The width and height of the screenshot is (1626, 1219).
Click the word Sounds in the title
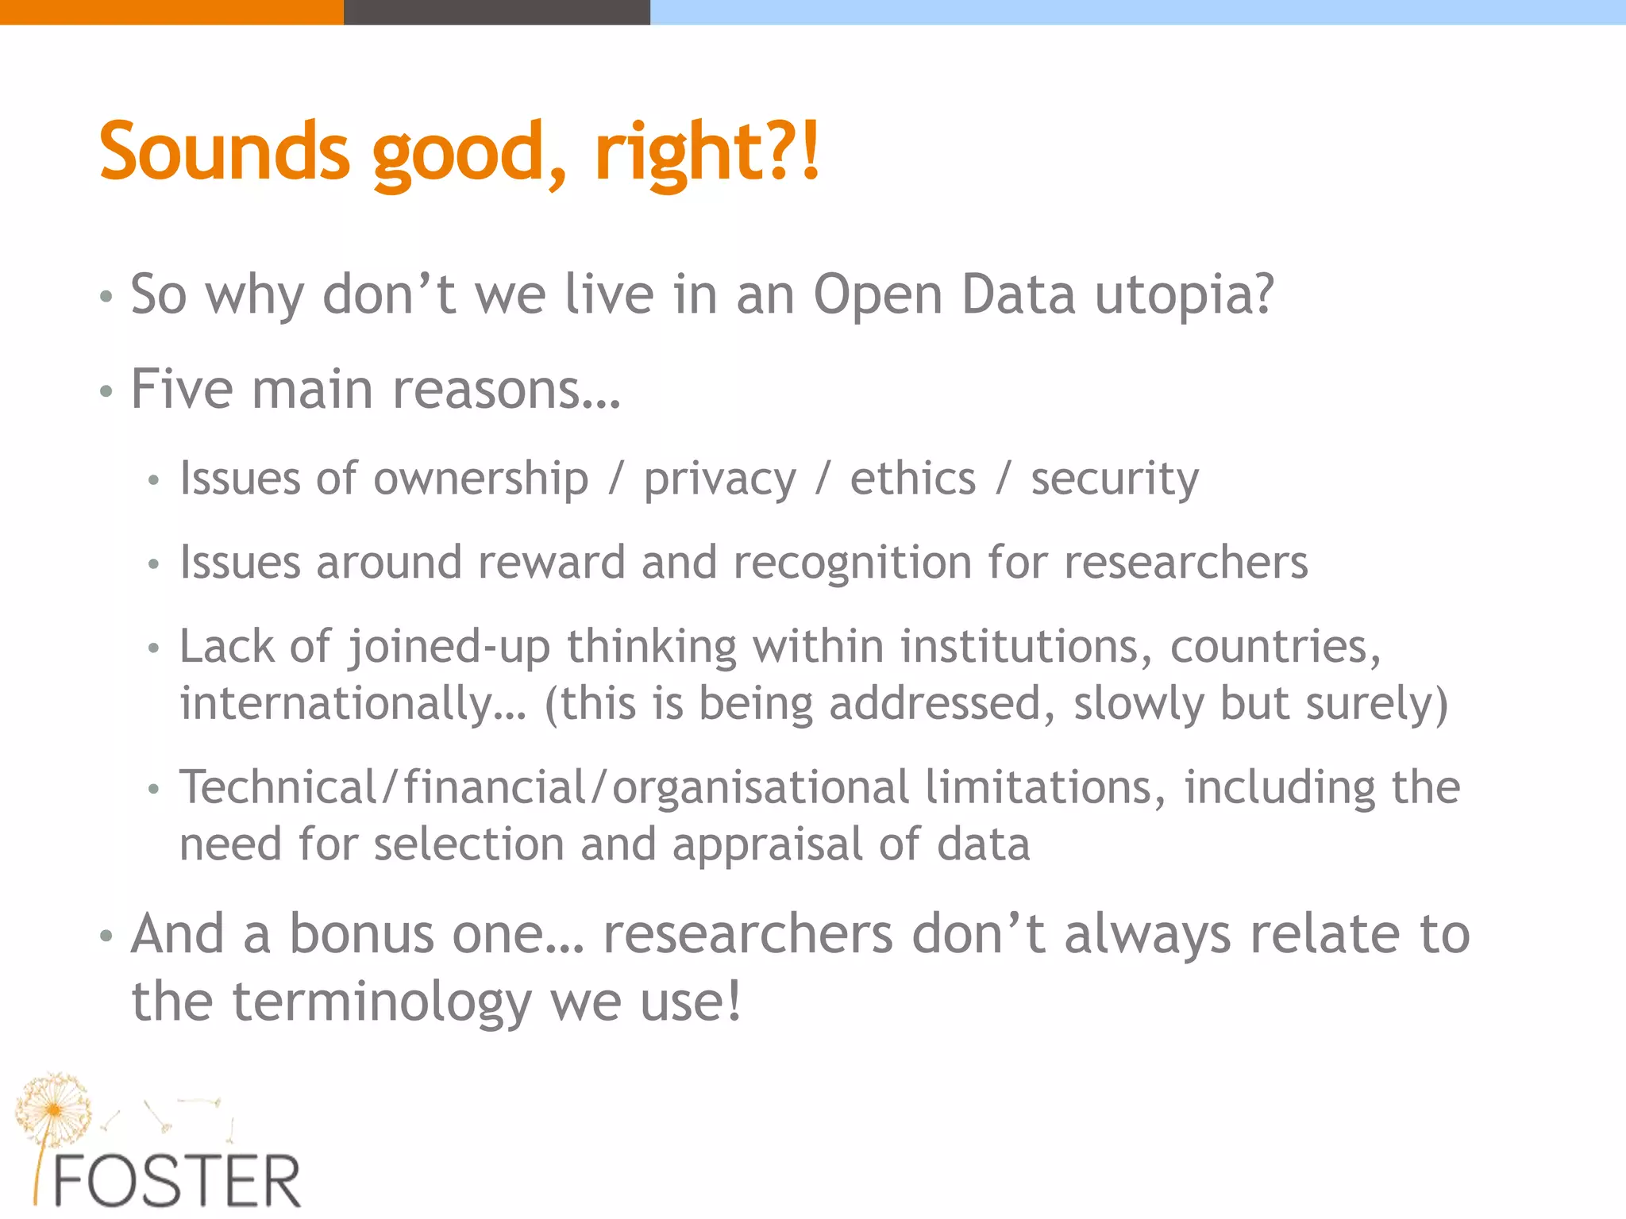224,151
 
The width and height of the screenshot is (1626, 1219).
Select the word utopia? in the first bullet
1185,295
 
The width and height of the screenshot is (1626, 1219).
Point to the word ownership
480,479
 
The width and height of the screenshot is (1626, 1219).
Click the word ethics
913,479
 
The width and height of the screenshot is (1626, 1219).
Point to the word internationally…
353,705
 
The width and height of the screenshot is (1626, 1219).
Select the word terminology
382,1002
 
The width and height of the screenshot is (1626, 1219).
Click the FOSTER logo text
176,1182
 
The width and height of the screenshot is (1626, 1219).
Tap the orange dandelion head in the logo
53,1107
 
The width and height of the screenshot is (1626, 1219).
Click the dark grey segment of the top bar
496,12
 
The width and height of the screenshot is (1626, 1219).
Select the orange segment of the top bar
171,12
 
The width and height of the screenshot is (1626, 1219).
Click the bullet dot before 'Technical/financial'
154,789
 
